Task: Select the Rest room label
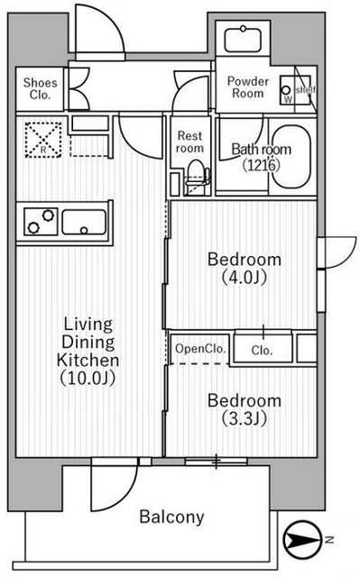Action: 189,141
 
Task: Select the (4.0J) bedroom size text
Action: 244,278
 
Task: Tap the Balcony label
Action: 171,517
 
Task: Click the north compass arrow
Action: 304,541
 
